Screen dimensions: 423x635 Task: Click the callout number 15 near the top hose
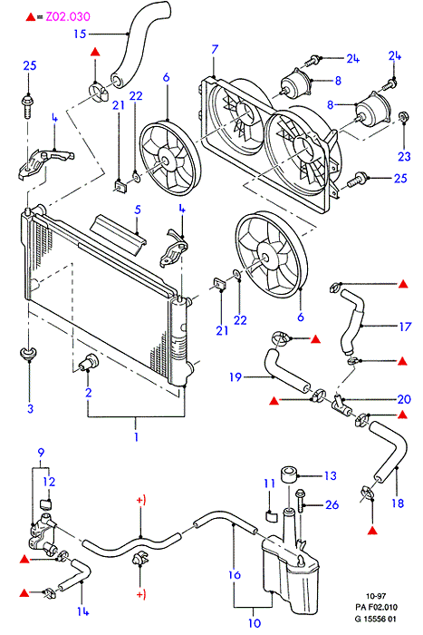pyautogui.click(x=80, y=34)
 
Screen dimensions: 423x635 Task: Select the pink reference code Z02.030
pyautogui.click(x=68, y=16)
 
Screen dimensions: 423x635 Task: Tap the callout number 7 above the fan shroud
pyautogui.click(x=215, y=49)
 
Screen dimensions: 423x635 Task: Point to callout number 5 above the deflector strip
pyautogui.click(x=138, y=210)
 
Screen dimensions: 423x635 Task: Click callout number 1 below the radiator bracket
pyautogui.click(x=136, y=436)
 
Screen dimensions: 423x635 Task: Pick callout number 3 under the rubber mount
pyautogui.click(x=30, y=408)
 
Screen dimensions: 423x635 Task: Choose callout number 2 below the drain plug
pyautogui.click(x=88, y=392)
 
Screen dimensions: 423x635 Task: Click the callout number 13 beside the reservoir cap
pyautogui.click(x=330, y=475)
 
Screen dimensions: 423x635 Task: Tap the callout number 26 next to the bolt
pyautogui.click(x=332, y=504)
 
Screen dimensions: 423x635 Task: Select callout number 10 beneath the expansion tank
pyautogui.click(x=254, y=623)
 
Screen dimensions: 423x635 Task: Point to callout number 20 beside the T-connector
pyautogui.click(x=404, y=399)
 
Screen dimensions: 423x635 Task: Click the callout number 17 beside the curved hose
pyautogui.click(x=405, y=327)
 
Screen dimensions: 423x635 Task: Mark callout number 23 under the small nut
pyautogui.click(x=404, y=156)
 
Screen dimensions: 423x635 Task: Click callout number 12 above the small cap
pyautogui.click(x=49, y=482)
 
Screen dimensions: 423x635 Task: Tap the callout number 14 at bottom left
pyautogui.click(x=82, y=611)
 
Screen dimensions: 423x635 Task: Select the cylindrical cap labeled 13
pyautogui.click(x=289, y=475)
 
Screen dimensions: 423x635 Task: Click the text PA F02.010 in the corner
pyautogui.click(x=376, y=607)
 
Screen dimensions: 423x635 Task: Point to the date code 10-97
pyautogui.click(x=376, y=596)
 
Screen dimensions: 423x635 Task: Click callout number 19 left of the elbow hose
pyautogui.click(x=236, y=377)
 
